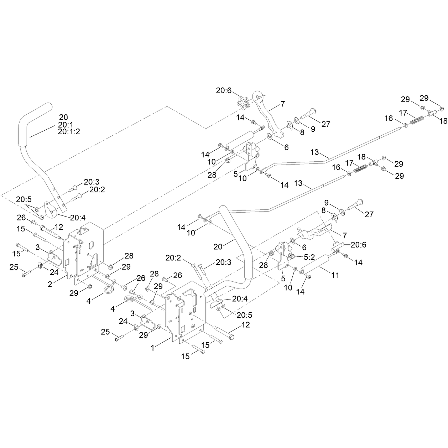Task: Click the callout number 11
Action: pos(335,275)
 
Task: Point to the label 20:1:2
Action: pos(69,132)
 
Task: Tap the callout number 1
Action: pos(152,348)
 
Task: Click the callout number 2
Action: pos(50,284)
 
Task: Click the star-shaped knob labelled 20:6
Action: pos(244,101)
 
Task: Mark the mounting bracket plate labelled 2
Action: pos(84,252)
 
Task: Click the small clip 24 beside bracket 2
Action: pos(40,265)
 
